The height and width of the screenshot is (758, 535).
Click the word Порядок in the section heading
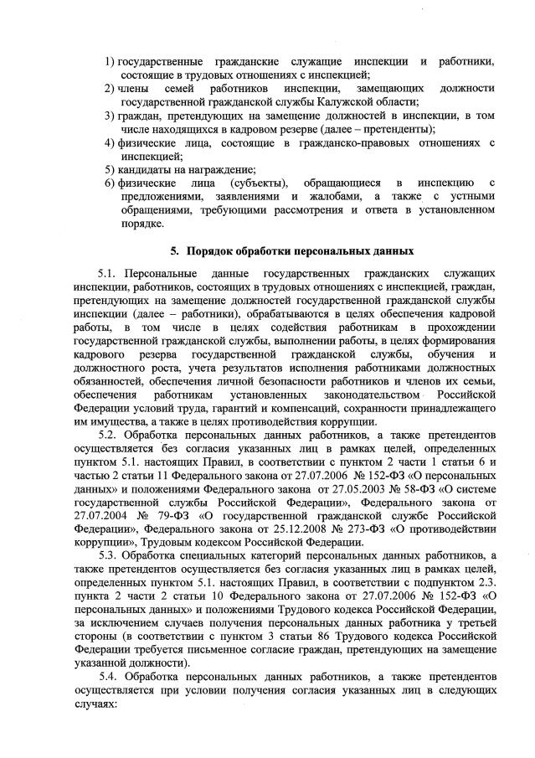tap(213, 250)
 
